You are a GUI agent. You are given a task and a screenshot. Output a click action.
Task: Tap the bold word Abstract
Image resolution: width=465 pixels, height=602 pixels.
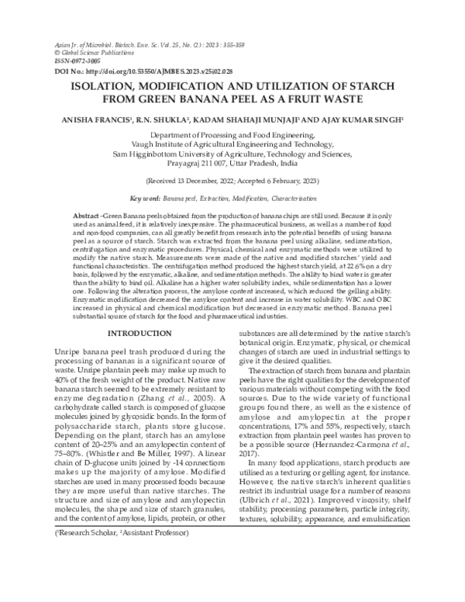point(85,214)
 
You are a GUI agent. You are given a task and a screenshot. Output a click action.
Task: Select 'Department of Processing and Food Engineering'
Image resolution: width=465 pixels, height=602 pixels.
point(233,134)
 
